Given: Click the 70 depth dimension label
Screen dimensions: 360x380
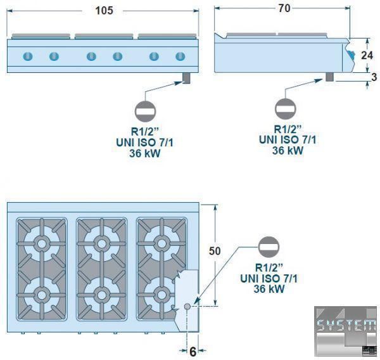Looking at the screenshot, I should pyautogui.click(x=284, y=9).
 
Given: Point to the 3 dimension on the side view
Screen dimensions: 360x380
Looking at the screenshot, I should pyautogui.click(x=374, y=77).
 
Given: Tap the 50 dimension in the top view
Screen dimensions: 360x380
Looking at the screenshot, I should pyautogui.click(x=215, y=251).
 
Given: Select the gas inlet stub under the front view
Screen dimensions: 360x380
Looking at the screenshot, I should pyautogui.click(x=186, y=77).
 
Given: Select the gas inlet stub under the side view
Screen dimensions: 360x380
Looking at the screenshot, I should pyautogui.click(x=330, y=77).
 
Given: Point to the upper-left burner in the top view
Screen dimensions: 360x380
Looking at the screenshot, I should pyautogui.click(x=42, y=243).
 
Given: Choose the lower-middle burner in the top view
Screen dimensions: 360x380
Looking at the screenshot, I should pyautogui.click(x=100, y=294).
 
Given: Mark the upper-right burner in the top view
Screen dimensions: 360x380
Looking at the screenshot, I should pyautogui.click(x=158, y=243).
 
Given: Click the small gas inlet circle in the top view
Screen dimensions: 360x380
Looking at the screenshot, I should pyautogui.click(x=187, y=307).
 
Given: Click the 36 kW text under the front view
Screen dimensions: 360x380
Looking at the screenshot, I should pyautogui.click(x=144, y=153).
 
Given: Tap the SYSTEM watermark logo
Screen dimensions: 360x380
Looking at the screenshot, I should pyautogui.click(x=346, y=326).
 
